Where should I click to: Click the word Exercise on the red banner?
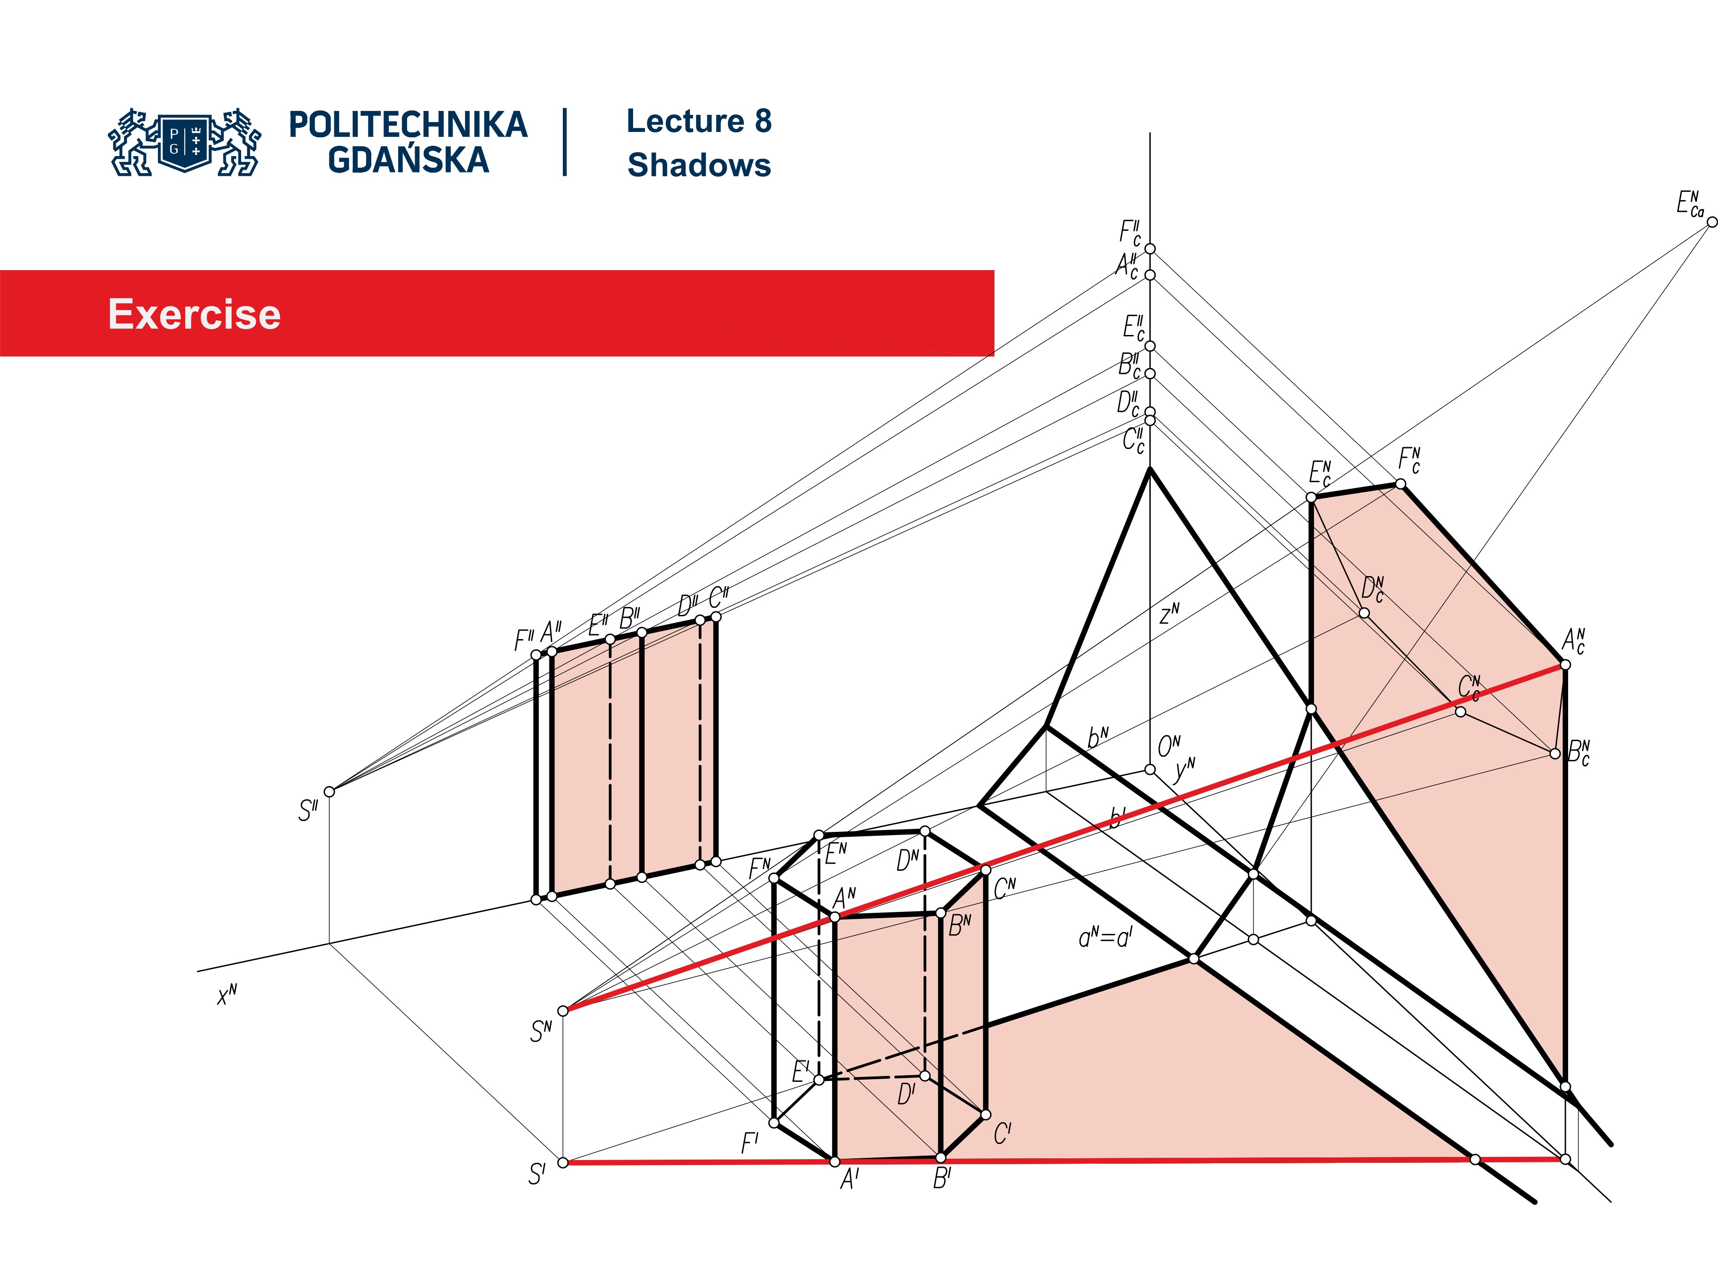[194, 314]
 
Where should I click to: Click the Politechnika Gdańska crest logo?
[185, 142]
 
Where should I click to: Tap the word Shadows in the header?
[699, 165]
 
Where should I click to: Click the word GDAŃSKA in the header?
[408, 160]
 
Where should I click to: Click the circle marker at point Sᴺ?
[564, 1010]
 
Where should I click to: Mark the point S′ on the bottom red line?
[563, 1162]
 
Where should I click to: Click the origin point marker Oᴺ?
[1149, 769]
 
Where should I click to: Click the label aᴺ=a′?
[1105, 938]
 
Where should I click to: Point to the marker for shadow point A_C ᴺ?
[1565, 665]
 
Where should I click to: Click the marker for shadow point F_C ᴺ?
[1400, 484]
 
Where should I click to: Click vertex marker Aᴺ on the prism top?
[835, 917]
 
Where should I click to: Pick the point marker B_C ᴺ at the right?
[1555, 753]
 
